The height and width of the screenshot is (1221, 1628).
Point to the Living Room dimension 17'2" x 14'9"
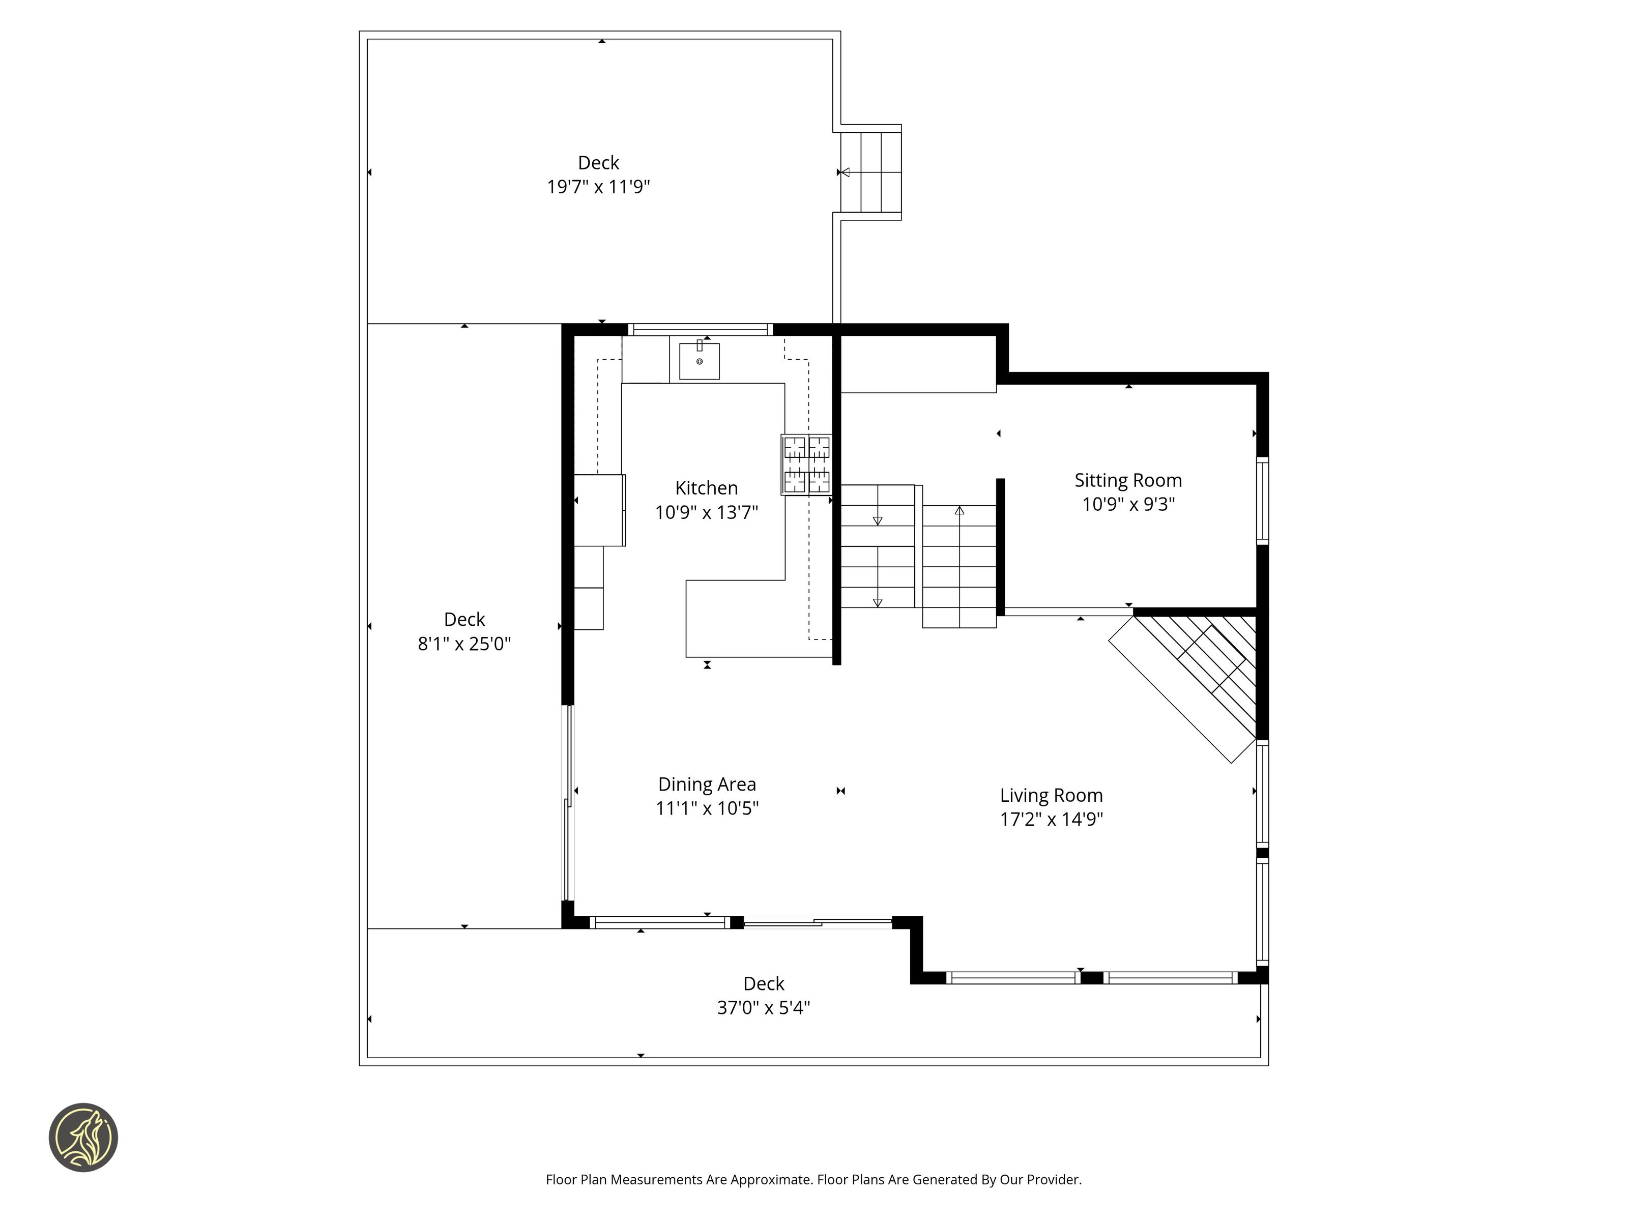(x=1051, y=819)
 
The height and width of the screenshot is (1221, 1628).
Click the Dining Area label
(x=707, y=784)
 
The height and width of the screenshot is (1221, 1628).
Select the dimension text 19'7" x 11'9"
(x=598, y=187)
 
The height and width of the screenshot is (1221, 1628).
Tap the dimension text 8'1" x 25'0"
(x=464, y=644)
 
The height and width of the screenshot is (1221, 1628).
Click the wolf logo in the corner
(x=83, y=1137)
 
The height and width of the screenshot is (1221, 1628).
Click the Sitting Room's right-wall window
(x=1262, y=501)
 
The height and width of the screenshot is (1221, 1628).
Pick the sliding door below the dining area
(x=818, y=922)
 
